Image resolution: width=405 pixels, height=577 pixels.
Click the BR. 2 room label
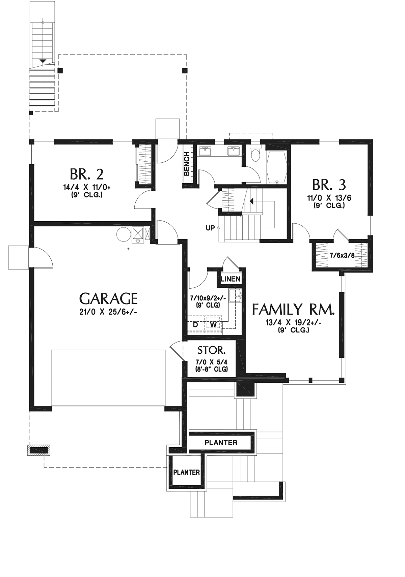pos(87,174)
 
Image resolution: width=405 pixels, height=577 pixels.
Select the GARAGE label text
pos(108,299)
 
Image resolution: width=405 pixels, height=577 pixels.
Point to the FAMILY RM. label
pos(293,309)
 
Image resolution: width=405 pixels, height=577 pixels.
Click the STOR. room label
pos(211,350)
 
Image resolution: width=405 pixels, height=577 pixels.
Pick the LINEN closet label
pos(231,279)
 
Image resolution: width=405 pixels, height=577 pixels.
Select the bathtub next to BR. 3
pos(276,167)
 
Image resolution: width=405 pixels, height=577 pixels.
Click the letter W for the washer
pos(213,325)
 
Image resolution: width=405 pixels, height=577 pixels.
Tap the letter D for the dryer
pos(195,325)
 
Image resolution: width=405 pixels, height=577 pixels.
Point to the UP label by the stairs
pos(210,228)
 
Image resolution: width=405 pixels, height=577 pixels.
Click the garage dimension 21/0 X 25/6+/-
pos(108,312)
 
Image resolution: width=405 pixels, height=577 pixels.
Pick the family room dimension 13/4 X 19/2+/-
pos(293,323)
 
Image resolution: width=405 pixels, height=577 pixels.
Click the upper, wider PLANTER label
pos(221,443)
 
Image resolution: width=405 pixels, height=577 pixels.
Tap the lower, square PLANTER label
pos(187,473)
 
